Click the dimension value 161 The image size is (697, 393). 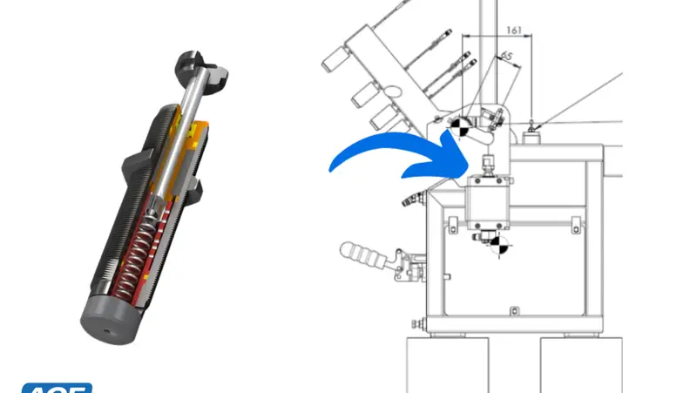513,30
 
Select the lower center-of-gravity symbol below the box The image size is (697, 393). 497,246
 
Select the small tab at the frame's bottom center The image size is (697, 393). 514,310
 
